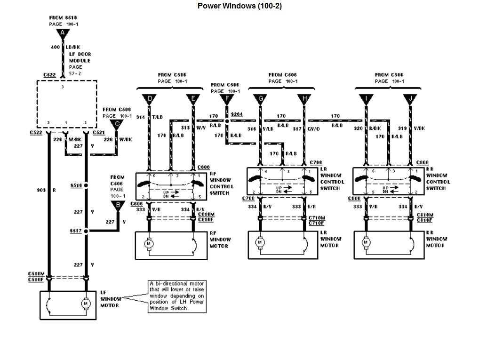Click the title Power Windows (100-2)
[x=239, y=6]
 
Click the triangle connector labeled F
[x=227, y=99]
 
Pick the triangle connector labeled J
[x=410, y=99]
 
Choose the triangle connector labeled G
[x=259, y=99]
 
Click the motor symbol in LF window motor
[x=86, y=304]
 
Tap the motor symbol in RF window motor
[x=149, y=243]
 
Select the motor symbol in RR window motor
[x=365, y=243]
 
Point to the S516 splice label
[x=75, y=186]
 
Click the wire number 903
[x=41, y=191]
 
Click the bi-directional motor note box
[x=176, y=296]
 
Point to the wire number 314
[x=140, y=117]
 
